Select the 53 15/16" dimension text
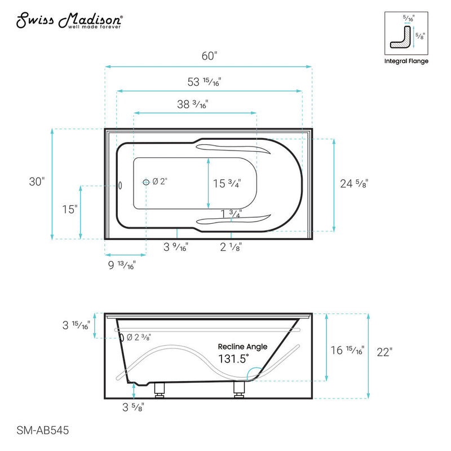204,82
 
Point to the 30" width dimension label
37,182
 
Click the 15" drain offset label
69,209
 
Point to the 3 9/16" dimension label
175,246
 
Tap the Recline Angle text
243,347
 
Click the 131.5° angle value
233,359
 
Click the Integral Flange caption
406,61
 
